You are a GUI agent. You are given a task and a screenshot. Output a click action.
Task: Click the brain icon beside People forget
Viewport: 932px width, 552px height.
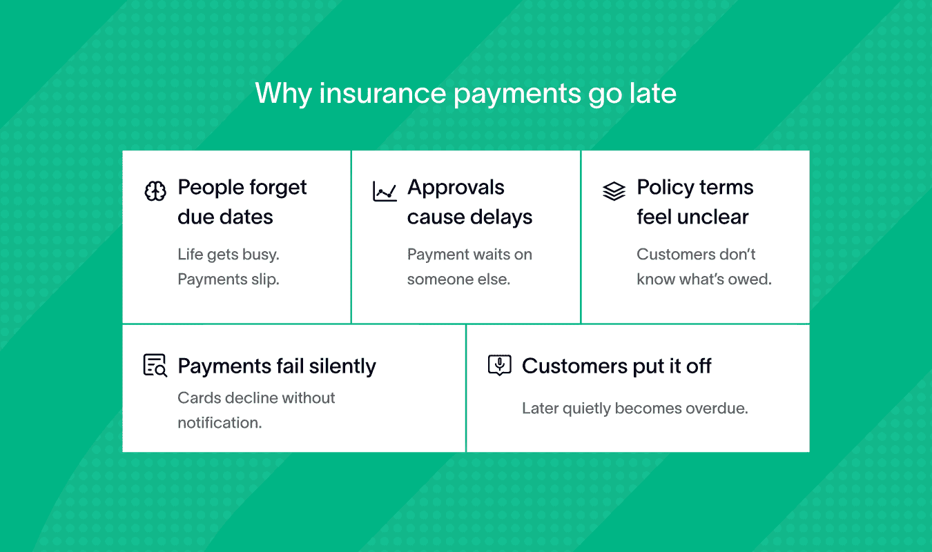coord(155,191)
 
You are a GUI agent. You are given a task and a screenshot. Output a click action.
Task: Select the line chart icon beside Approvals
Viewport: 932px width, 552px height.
coord(385,191)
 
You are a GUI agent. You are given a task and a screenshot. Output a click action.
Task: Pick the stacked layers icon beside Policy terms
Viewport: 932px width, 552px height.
coord(614,191)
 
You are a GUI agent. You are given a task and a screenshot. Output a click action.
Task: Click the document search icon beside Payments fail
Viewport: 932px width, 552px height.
coord(155,365)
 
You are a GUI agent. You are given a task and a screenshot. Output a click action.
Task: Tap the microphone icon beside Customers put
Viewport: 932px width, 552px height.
coord(499,365)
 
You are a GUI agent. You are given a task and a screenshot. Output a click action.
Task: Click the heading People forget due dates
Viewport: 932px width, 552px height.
coord(242,202)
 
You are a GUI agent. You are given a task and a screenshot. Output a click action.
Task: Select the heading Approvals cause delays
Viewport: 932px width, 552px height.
coord(469,202)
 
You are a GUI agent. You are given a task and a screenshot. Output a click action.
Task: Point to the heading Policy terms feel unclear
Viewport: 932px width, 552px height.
coord(695,202)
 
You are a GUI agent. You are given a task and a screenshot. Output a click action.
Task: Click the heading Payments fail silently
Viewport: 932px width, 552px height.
coord(277,366)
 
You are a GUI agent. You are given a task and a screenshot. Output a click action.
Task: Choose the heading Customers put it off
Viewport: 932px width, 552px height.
coord(617,366)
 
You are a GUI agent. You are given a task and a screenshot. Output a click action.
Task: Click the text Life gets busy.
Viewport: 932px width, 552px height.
coord(229,255)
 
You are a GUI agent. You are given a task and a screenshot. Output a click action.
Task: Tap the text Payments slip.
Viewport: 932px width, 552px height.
coord(229,279)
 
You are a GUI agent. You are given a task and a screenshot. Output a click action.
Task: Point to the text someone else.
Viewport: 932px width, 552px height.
coord(458,279)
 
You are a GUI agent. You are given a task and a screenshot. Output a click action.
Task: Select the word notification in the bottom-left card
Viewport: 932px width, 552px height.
coord(220,423)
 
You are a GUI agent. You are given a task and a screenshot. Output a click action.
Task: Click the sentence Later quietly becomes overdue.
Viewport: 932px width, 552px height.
coord(635,408)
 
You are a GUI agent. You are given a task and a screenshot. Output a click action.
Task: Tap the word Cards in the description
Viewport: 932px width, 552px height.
coord(199,398)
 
